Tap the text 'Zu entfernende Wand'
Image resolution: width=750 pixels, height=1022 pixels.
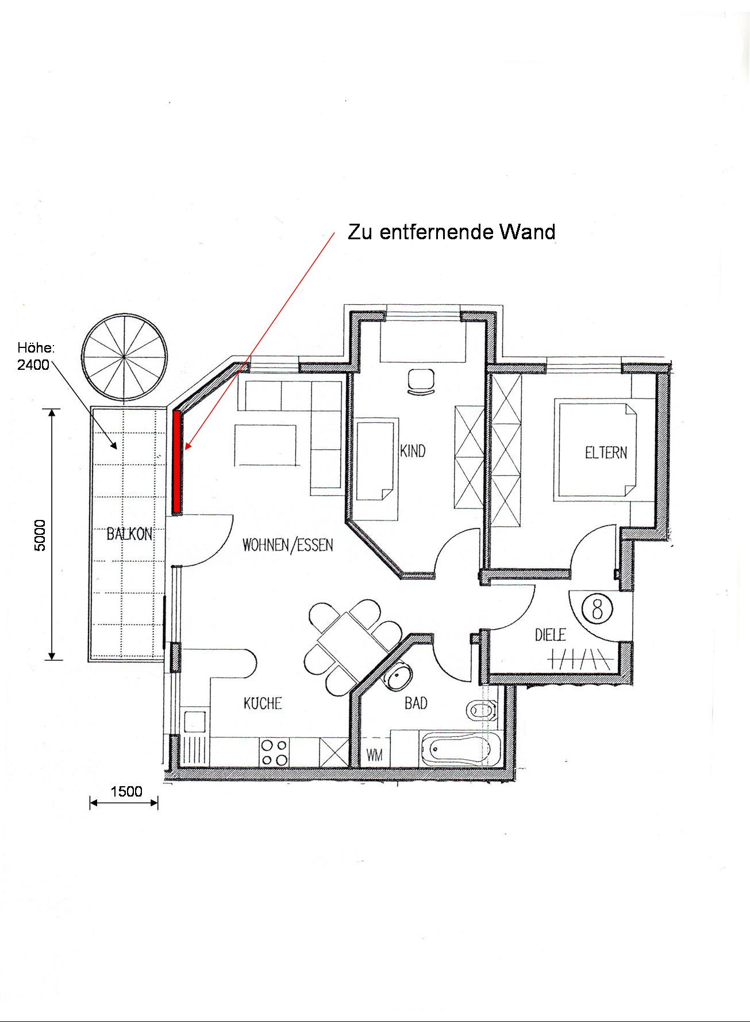(x=452, y=232)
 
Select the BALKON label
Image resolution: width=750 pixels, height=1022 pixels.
(x=129, y=534)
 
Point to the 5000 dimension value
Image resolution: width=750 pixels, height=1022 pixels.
(x=40, y=535)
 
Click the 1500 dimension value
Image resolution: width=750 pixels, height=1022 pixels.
(x=126, y=791)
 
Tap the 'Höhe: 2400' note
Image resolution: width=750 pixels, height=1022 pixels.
(x=35, y=356)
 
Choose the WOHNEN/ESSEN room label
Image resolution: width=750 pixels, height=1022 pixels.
(x=288, y=545)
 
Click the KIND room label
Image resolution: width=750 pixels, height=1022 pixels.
(x=413, y=450)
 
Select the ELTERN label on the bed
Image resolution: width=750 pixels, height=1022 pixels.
(x=606, y=453)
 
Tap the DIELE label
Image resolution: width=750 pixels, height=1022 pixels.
(x=551, y=634)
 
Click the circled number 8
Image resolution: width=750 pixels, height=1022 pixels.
(x=597, y=608)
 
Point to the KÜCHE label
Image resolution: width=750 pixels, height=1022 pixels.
(x=263, y=703)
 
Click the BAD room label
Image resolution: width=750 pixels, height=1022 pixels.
(x=416, y=703)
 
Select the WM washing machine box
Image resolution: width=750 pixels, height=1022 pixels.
(x=375, y=754)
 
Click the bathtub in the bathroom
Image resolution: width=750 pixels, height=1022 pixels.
(x=461, y=749)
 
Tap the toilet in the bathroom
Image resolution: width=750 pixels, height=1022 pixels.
(x=482, y=711)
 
